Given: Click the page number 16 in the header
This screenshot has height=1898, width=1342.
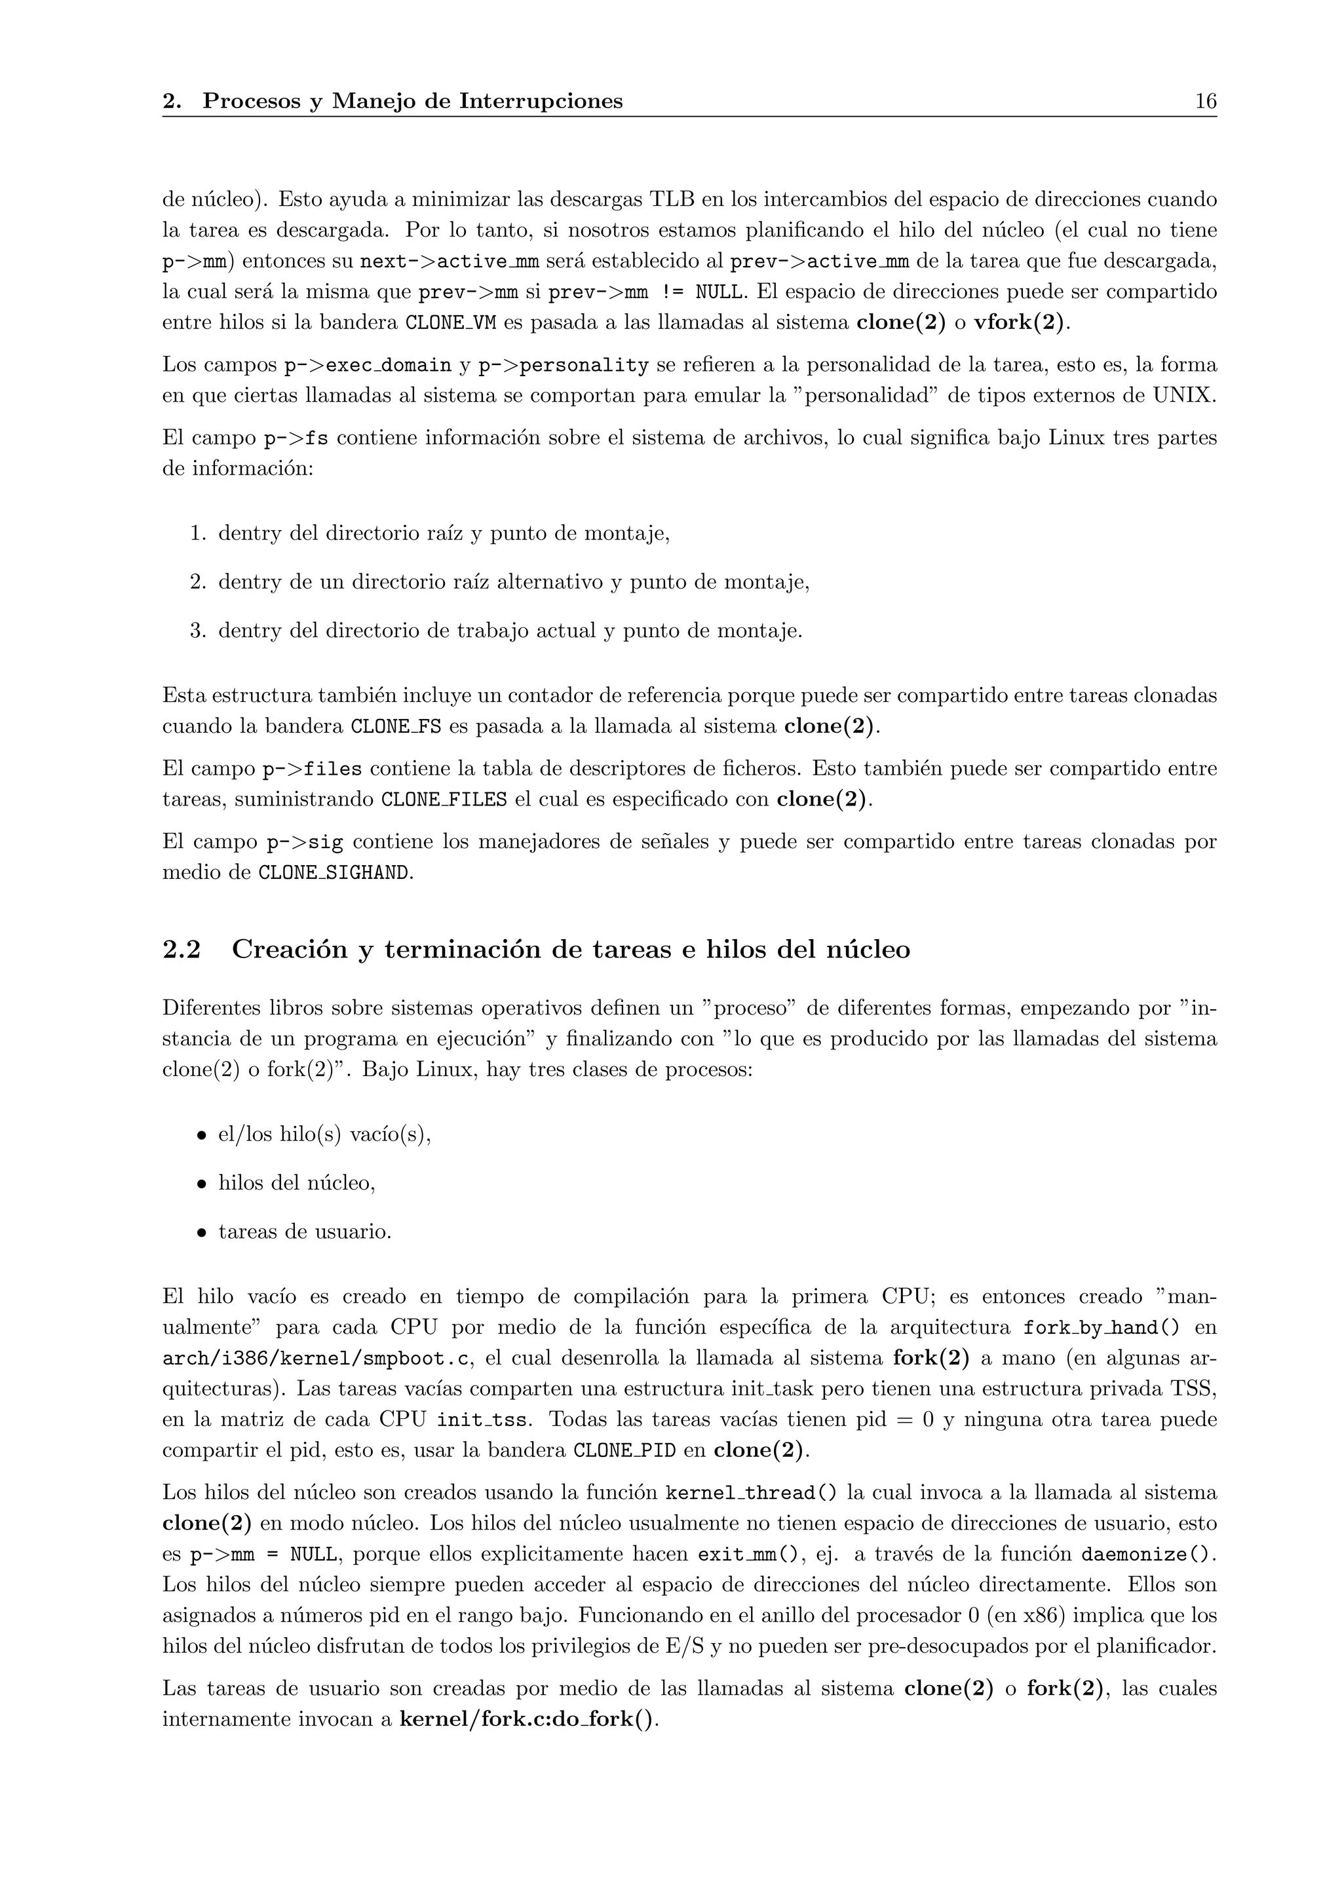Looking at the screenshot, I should click(x=1205, y=102).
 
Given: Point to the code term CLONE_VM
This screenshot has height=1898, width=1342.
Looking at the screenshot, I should click(x=450, y=322).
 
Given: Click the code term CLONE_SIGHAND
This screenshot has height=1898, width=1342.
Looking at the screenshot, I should click(x=334, y=873).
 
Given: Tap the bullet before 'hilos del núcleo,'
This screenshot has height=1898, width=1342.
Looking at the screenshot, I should click(x=200, y=1184).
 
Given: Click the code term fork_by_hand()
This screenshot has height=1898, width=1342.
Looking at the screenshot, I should click(x=1102, y=1328).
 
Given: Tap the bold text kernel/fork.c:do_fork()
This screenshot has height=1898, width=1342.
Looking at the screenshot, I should click(x=528, y=1720).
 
